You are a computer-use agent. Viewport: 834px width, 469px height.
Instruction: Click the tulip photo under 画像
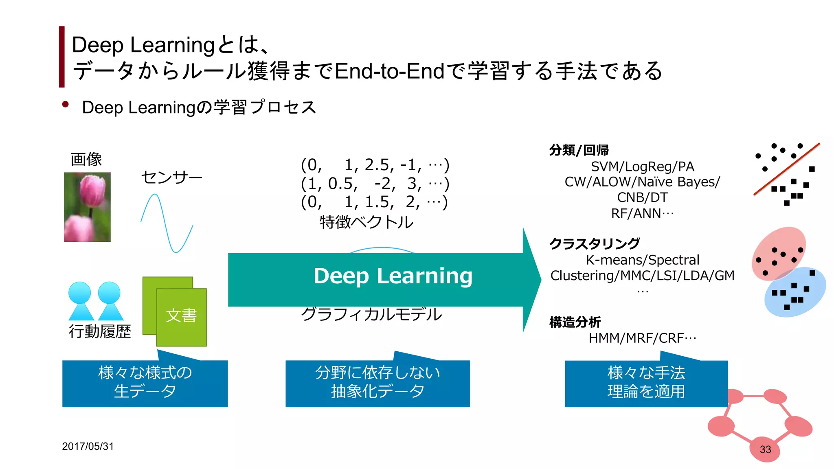click(x=87, y=207)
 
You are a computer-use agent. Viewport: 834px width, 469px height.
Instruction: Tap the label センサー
click(x=171, y=178)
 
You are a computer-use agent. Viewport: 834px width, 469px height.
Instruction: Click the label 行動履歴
click(x=100, y=331)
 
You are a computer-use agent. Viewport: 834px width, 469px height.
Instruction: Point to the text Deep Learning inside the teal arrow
click(x=393, y=276)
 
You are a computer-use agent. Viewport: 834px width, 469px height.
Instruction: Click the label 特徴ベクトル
click(x=366, y=222)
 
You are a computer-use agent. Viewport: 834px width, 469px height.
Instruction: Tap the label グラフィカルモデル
click(x=371, y=314)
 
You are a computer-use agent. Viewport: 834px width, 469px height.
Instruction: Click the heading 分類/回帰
click(x=579, y=150)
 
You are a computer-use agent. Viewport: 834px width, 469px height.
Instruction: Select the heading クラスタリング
click(x=594, y=243)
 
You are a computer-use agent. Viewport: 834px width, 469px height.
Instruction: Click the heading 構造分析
click(x=575, y=322)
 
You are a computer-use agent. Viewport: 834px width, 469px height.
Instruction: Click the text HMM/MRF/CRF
click(x=642, y=338)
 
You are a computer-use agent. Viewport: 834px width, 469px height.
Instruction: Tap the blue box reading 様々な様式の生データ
click(x=145, y=383)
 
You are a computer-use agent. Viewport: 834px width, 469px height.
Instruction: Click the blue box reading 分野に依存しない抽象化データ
click(x=377, y=383)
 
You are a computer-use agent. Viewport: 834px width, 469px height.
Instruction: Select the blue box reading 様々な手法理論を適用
click(x=646, y=383)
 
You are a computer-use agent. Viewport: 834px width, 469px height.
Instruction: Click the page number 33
click(x=765, y=449)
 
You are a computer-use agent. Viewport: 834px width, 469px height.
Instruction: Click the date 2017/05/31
click(x=88, y=446)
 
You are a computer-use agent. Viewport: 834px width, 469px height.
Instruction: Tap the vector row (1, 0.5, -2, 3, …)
click(x=375, y=184)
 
